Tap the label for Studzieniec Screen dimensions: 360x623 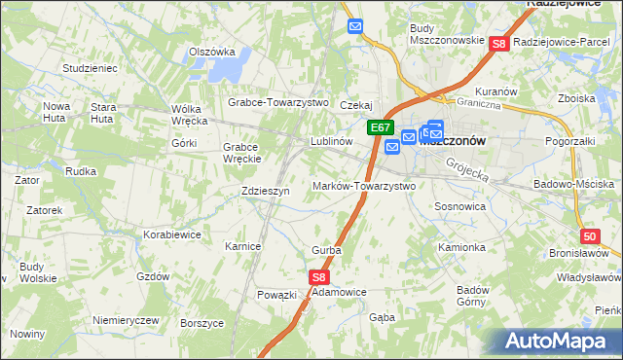point(90,69)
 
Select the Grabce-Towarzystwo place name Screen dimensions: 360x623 point(278,102)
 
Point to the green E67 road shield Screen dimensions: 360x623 point(381,127)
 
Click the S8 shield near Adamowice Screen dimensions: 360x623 point(320,277)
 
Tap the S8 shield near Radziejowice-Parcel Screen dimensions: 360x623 point(499,44)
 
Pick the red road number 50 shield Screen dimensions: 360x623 point(590,236)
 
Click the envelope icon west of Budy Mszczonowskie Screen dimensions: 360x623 point(355,27)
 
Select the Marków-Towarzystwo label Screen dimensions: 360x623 point(364,186)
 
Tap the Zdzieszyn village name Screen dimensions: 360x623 point(266,192)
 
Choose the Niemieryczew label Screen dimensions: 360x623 point(125,320)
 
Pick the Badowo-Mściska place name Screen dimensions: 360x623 point(574,184)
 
